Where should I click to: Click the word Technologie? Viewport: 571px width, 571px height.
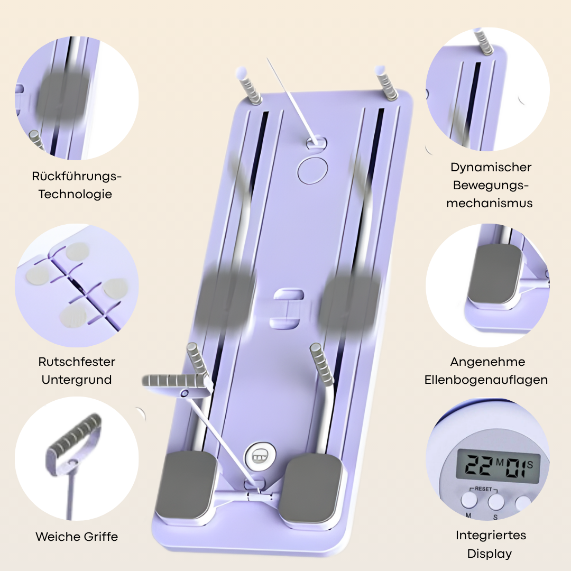click(75, 194)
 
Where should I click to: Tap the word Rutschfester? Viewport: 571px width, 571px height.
click(77, 362)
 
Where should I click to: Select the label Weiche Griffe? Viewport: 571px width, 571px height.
click(77, 537)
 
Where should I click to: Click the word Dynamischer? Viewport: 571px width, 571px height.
click(491, 167)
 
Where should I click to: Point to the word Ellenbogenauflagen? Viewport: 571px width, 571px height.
click(486, 380)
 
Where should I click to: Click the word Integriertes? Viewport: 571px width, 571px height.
click(491, 535)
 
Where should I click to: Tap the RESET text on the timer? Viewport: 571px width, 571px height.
click(483, 489)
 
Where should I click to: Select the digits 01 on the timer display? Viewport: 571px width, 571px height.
click(515, 467)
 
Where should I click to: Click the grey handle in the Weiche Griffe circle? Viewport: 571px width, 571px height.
click(75, 434)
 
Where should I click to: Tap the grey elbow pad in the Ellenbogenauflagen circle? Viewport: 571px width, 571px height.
click(494, 273)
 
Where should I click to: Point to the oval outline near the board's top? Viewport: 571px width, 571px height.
click(312, 170)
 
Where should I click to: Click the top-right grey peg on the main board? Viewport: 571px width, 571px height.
click(386, 84)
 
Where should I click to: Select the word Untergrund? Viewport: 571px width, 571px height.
click(77, 380)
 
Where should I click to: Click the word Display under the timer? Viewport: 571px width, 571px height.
click(490, 554)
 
